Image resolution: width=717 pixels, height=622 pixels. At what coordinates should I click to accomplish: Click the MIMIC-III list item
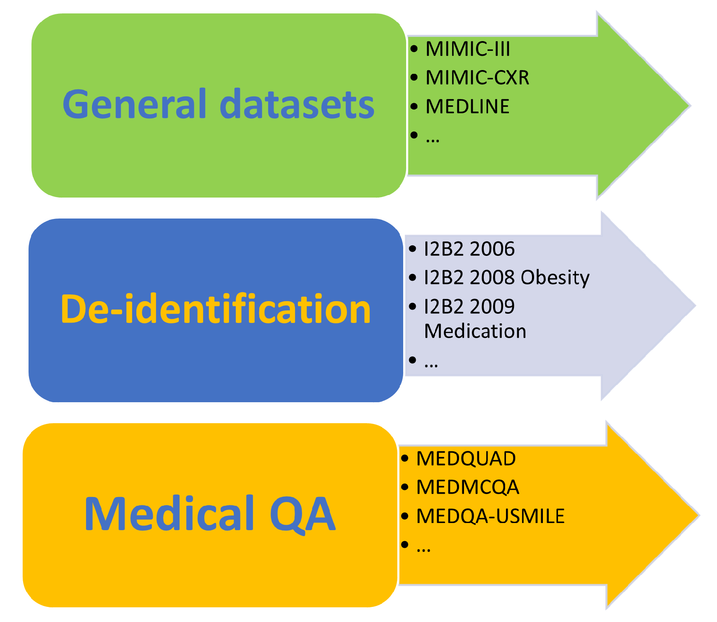467,49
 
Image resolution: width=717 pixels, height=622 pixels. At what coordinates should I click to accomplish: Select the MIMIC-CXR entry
477,78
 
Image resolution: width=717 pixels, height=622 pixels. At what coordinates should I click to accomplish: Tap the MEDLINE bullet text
467,107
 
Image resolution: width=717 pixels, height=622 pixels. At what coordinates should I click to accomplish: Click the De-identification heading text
216,309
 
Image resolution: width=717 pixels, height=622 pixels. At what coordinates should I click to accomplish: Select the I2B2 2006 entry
469,249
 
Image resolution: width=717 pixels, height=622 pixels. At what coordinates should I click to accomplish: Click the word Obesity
555,278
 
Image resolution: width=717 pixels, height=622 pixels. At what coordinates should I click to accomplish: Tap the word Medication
475,331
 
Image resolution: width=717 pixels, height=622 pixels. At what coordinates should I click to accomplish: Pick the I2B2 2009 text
469,307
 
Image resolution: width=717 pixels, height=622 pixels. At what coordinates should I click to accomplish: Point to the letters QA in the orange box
302,514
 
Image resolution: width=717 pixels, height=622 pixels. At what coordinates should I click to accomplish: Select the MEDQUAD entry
466,458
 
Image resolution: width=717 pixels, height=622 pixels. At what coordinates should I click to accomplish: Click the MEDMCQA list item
467,487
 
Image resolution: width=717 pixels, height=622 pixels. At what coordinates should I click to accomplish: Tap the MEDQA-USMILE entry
490,516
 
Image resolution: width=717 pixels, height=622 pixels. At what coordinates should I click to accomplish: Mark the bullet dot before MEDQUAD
404,458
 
